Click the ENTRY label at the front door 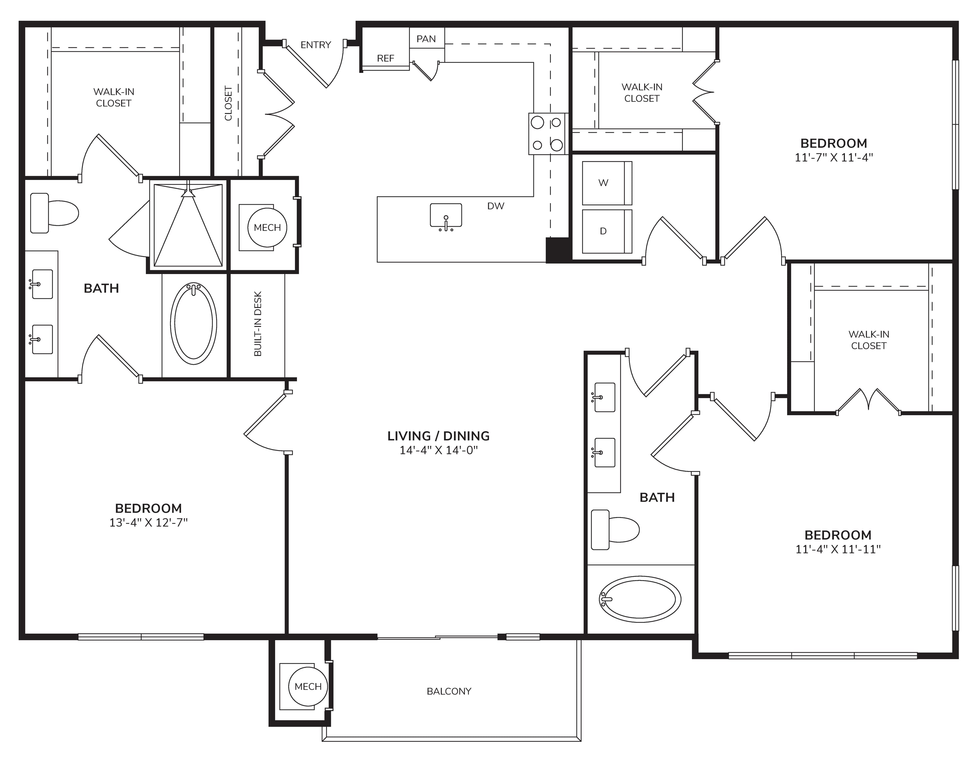tap(316, 45)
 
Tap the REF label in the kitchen tap(385, 58)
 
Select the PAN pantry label tap(426, 39)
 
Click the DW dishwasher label tap(496, 206)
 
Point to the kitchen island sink tap(446, 216)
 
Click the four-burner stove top tap(547, 134)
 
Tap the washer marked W tap(607, 183)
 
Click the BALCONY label tap(449, 691)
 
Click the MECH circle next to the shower tap(268, 227)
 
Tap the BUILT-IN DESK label tap(258, 324)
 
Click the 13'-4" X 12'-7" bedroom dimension tap(148, 523)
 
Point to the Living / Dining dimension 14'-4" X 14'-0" tap(439, 450)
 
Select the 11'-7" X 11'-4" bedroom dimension tap(834, 157)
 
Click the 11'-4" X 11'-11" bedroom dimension tap(838, 549)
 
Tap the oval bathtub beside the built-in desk tap(194, 323)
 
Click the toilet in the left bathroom tap(54, 213)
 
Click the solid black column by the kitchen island tap(558, 250)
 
